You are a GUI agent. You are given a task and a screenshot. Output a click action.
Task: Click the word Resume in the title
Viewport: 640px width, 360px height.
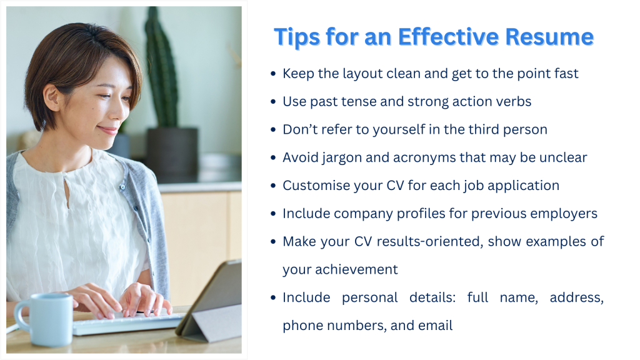[549, 37]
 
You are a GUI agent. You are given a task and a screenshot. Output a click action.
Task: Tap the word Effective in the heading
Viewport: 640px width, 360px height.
[448, 37]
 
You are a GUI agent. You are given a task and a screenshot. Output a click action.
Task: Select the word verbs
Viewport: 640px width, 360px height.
[514, 101]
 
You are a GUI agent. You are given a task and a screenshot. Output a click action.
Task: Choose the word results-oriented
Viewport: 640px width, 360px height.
[430, 242]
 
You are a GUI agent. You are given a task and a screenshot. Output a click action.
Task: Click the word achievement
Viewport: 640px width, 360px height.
[356, 269]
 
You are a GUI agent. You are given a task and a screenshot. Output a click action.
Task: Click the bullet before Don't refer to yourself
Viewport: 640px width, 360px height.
[273, 130]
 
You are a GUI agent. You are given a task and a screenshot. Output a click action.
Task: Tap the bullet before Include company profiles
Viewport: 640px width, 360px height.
[273, 214]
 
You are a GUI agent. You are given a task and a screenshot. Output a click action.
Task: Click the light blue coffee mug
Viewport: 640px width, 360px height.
[44, 319]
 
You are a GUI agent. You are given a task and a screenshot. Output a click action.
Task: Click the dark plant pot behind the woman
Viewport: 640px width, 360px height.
[172, 153]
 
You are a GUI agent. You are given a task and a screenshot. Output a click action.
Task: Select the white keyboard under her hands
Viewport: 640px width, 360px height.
[126, 323]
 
